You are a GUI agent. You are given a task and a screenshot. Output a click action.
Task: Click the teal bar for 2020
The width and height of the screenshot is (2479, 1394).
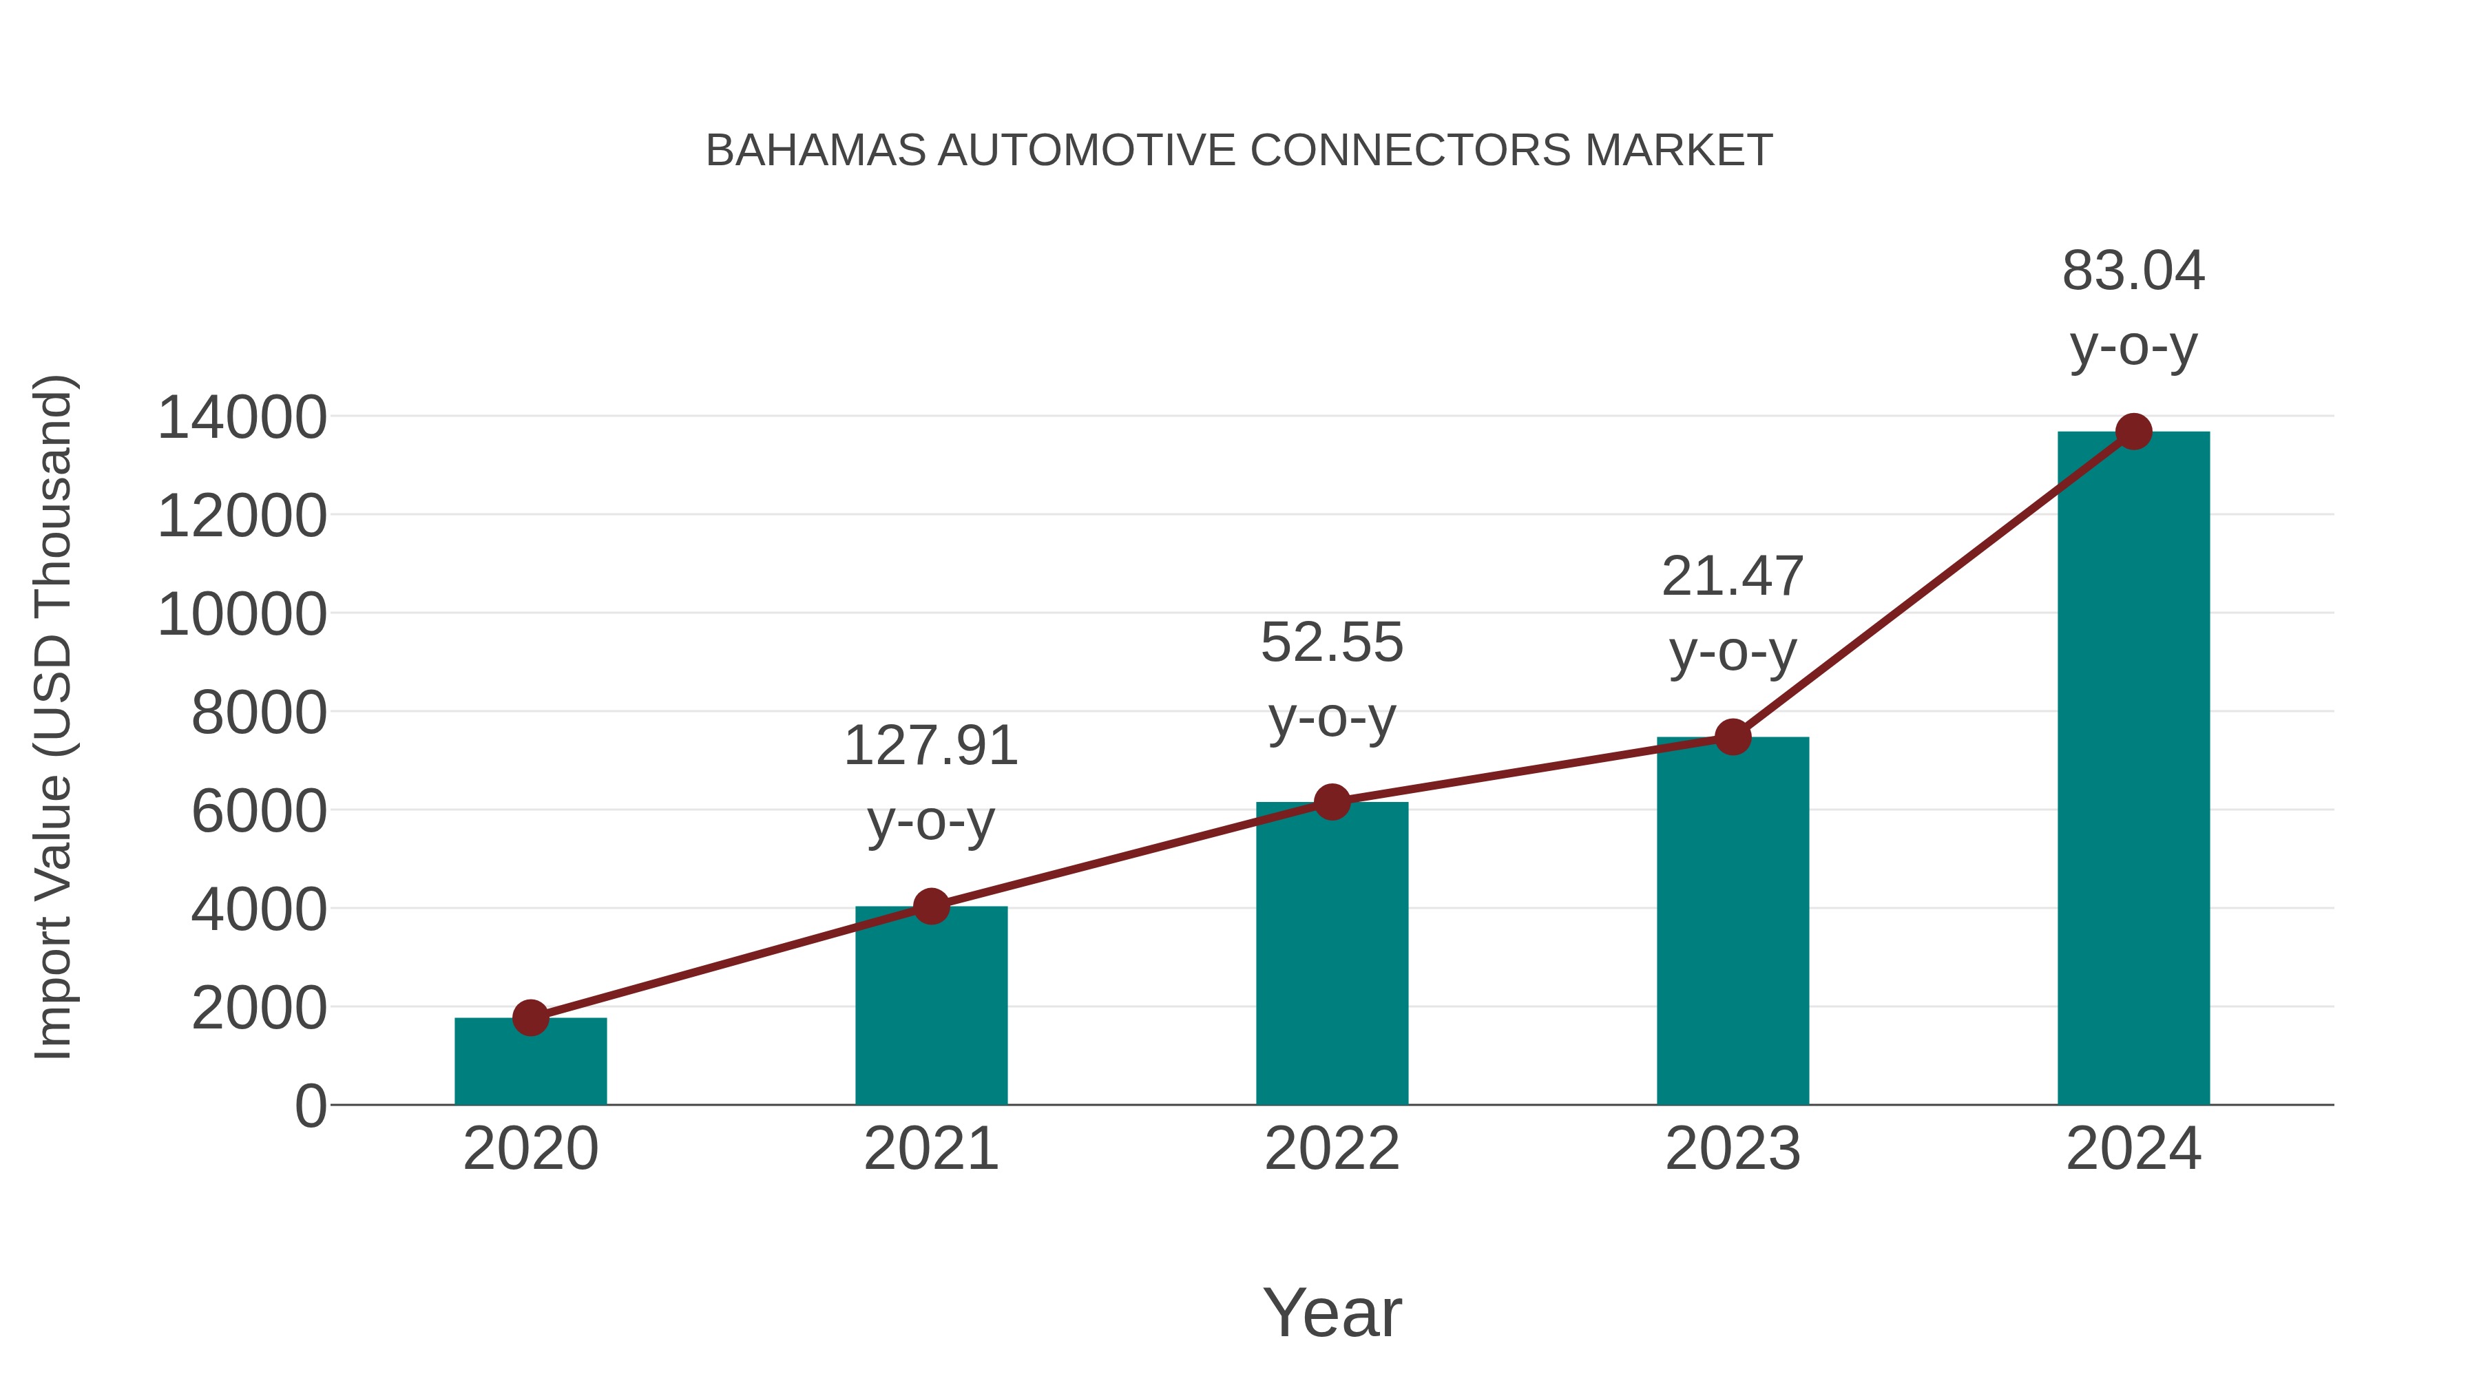point(530,1062)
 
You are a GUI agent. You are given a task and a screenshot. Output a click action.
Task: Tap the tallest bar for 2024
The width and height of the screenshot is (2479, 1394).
point(2133,769)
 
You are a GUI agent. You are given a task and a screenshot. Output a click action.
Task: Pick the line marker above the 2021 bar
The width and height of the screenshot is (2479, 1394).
point(930,905)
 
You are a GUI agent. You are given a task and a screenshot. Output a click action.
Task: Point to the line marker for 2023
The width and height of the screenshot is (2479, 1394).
point(1733,737)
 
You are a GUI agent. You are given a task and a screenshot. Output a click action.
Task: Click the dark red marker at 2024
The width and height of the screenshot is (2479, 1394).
point(2133,432)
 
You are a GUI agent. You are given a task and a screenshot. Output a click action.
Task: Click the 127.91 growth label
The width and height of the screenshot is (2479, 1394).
point(930,746)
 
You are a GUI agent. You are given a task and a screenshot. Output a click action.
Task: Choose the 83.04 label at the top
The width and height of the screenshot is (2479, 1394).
point(2133,271)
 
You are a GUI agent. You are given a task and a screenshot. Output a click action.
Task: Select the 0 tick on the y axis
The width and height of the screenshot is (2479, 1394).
point(311,1106)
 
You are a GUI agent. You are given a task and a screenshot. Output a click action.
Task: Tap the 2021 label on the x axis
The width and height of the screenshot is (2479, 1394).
point(930,1149)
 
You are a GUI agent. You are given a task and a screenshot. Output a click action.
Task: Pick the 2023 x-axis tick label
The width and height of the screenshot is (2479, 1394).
point(1733,1149)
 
